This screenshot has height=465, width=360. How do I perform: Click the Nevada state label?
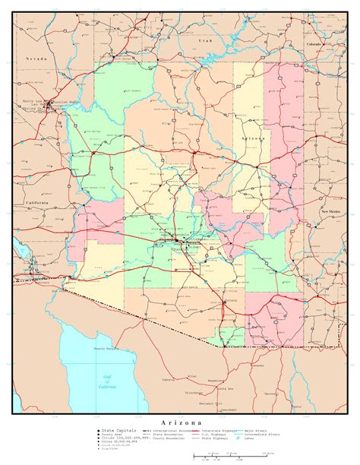[x=35, y=58]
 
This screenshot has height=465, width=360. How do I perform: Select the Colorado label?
[x=314, y=45]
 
